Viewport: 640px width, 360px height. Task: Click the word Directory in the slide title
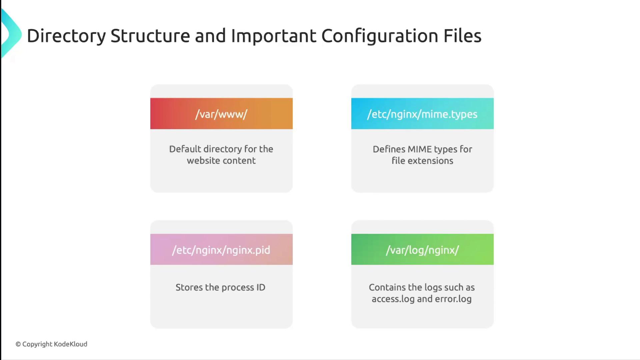[x=66, y=36]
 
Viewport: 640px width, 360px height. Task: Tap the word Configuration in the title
[x=380, y=36]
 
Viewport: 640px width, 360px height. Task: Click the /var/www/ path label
[x=221, y=114]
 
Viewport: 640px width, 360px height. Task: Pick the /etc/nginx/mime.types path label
[x=422, y=114]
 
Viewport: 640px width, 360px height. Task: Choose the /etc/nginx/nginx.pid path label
[x=221, y=250]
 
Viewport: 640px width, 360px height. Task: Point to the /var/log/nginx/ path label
[x=422, y=250]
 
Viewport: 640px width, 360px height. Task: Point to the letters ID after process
[x=261, y=287]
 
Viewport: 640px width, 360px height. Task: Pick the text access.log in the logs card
[x=393, y=299]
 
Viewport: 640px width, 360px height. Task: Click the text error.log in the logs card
[x=453, y=299]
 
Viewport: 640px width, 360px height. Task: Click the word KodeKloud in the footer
[x=71, y=344]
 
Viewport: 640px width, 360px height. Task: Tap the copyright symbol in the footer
[x=18, y=344]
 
